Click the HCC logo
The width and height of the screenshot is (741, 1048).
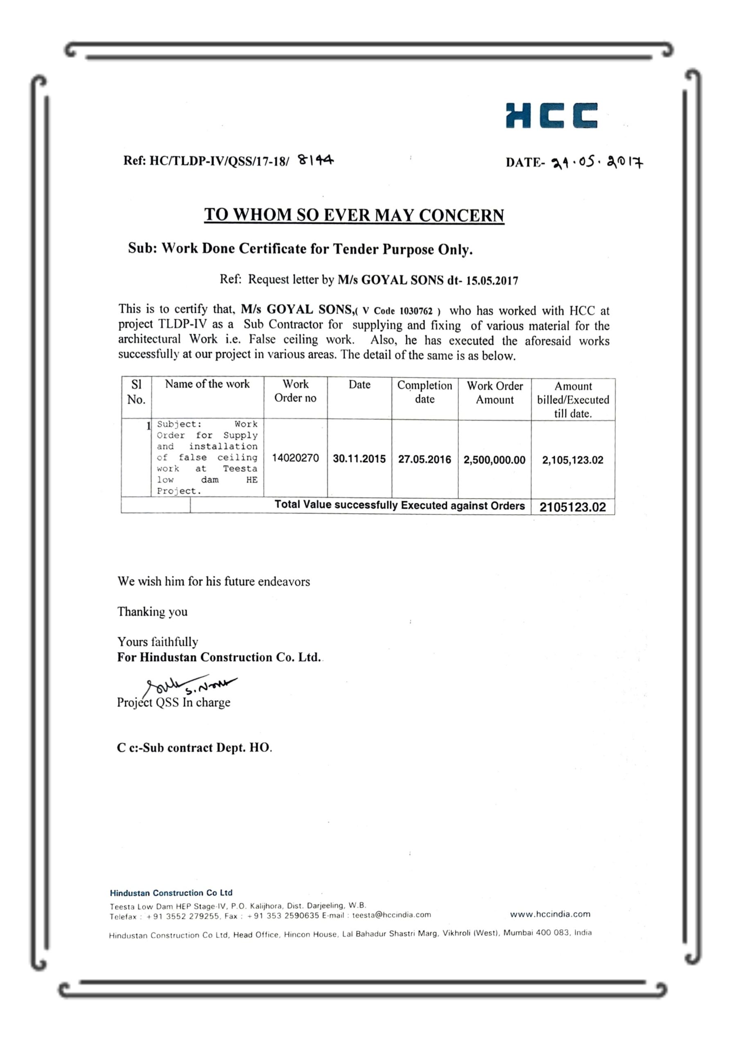551,115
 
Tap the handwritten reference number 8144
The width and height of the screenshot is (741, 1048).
316,160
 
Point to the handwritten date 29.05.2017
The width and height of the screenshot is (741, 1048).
598,163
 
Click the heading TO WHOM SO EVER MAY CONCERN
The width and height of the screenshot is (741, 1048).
354,215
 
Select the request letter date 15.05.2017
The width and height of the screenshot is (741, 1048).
492,281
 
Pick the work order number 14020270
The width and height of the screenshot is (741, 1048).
296,458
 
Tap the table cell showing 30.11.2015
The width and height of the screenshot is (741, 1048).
359,459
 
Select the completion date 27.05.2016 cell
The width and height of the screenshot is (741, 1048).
424,460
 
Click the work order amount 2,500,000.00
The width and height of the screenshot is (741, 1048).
495,460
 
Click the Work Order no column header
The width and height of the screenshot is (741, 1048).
296,391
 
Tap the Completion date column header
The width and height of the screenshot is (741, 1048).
424,392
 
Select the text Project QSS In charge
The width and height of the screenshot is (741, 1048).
174,702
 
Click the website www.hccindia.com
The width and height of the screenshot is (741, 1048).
550,914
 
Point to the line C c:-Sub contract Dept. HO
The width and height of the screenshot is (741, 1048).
194,748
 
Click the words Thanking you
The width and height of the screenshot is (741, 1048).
152,612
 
